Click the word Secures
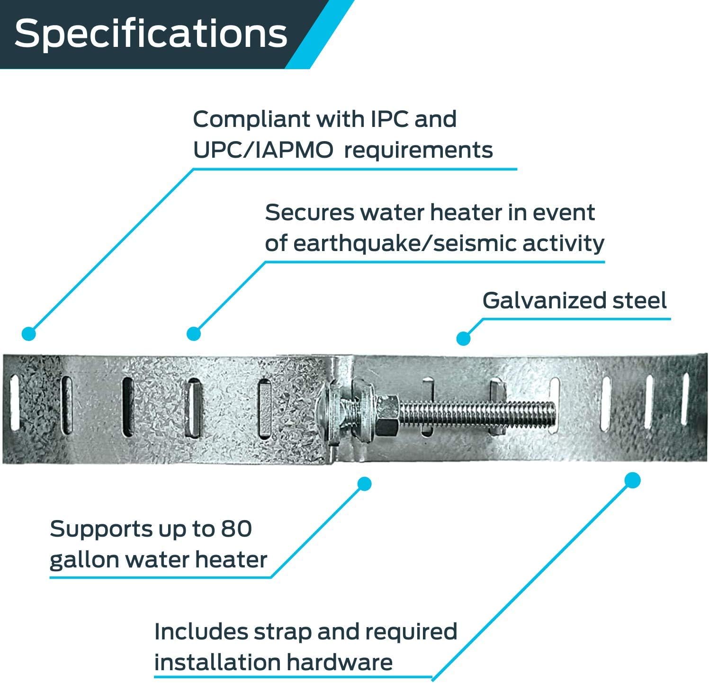pyautogui.click(x=309, y=213)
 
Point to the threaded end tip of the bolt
pyautogui.click(x=552, y=413)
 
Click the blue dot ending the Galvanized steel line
pyautogui.click(x=463, y=338)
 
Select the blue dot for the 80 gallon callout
pyautogui.click(x=364, y=484)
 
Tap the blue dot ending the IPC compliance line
pyautogui.click(x=29, y=334)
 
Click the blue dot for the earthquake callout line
pyautogui.click(x=193, y=334)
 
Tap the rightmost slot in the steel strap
pyautogui.click(x=684, y=398)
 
